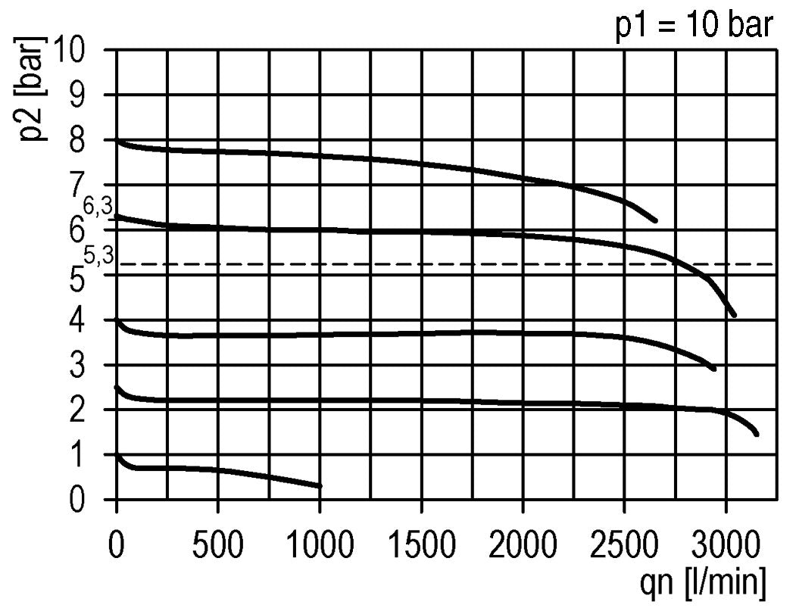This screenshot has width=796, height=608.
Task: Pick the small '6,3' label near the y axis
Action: click(x=98, y=206)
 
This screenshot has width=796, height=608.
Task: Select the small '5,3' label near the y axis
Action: click(x=98, y=257)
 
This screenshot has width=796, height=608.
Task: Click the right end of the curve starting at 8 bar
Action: click(x=654, y=220)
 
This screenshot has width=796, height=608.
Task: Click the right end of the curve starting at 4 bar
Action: click(x=713, y=368)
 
